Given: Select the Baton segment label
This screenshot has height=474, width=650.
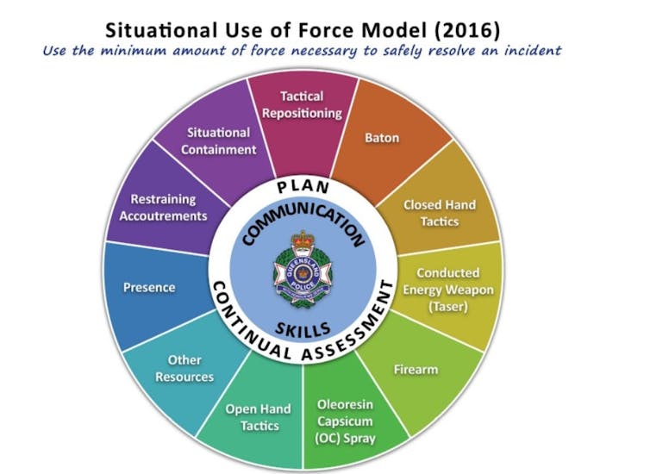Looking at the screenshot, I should point(382,137).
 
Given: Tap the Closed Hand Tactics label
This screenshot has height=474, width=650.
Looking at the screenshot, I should point(439,213).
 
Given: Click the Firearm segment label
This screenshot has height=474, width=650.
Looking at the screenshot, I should point(416,369).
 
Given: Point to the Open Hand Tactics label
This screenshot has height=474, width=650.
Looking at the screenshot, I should point(258,417).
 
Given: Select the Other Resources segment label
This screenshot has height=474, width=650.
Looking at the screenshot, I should point(185,369).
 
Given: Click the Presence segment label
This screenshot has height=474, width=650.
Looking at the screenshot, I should point(149,287).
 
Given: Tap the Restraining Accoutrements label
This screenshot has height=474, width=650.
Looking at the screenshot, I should point(163,208).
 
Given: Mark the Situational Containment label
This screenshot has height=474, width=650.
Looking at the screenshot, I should point(219,140).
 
